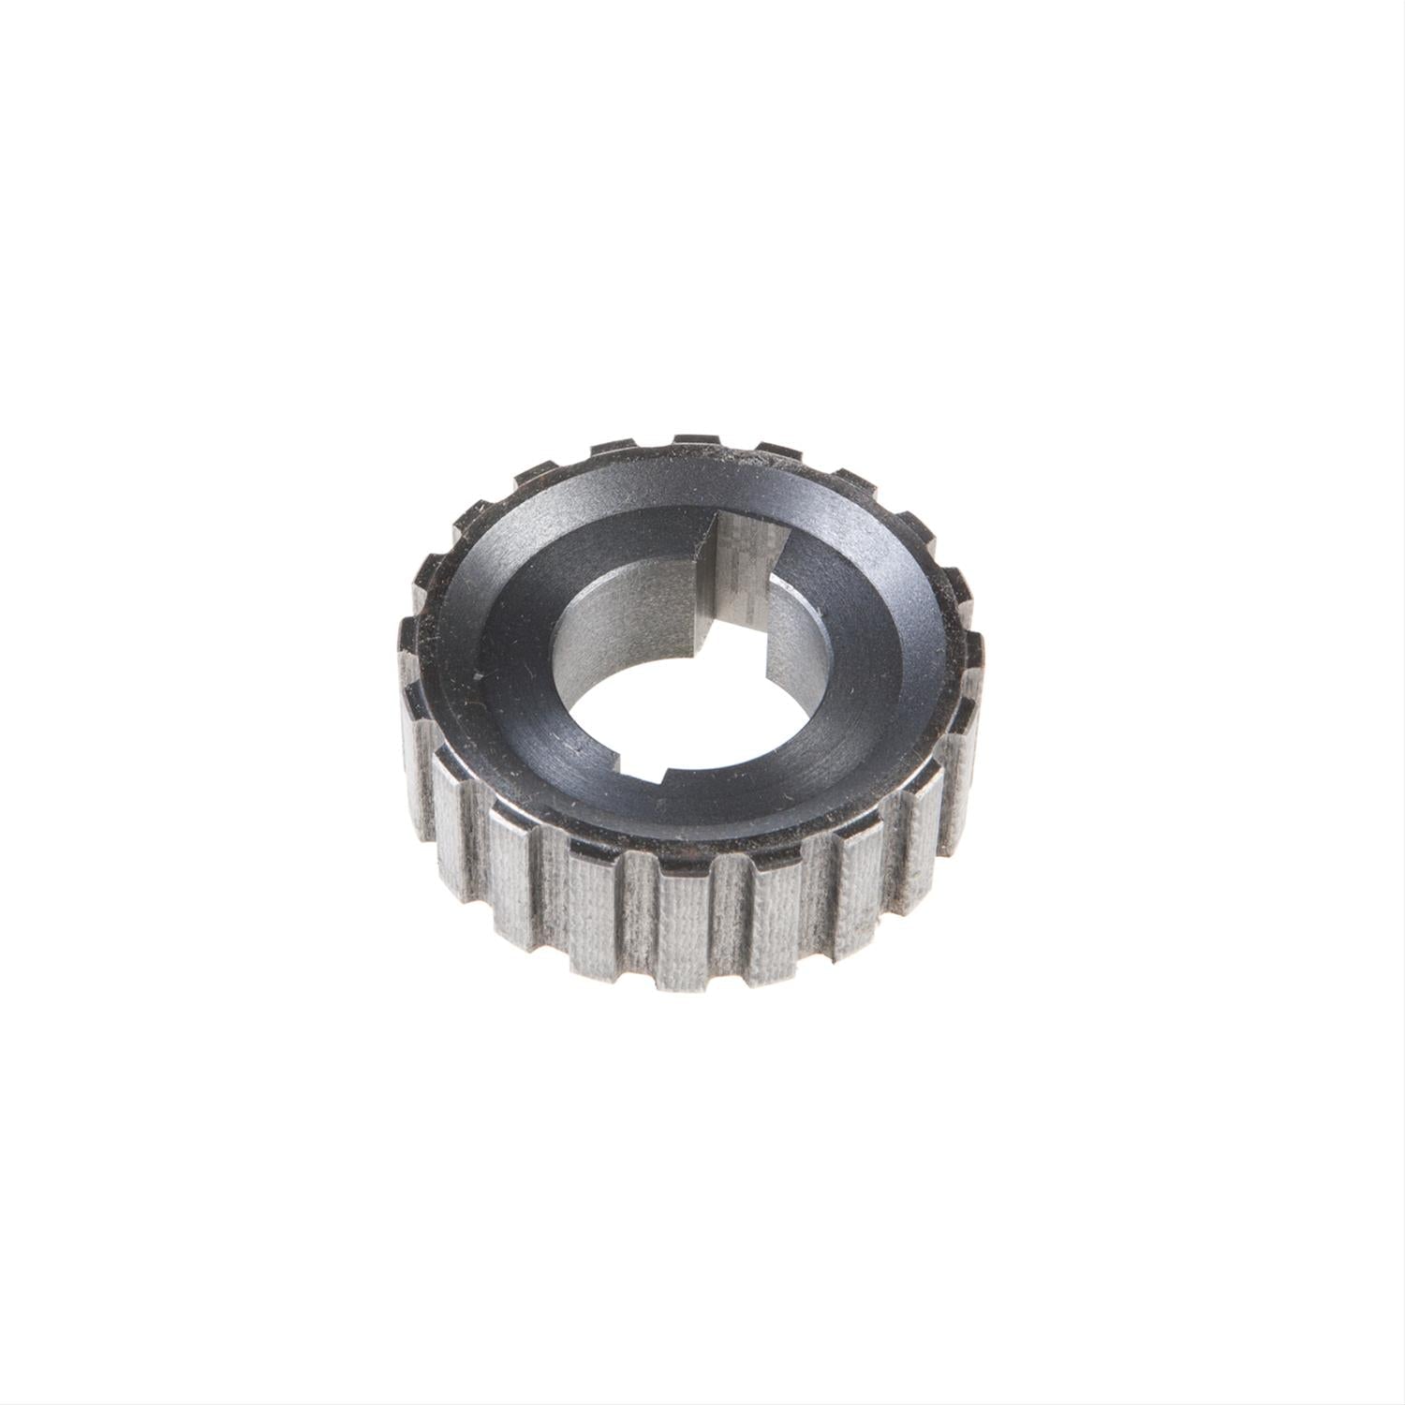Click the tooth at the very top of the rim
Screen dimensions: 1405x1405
tap(695, 442)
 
